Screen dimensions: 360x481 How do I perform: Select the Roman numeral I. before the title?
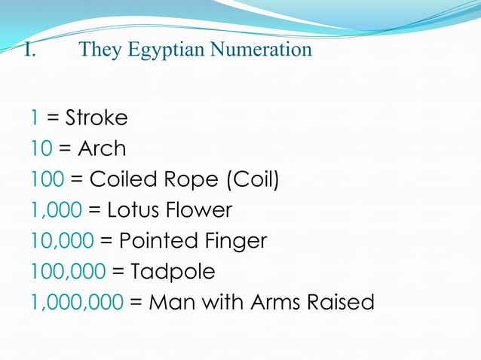[29, 50]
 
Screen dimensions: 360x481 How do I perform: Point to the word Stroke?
[97, 118]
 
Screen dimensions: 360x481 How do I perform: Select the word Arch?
[102, 149]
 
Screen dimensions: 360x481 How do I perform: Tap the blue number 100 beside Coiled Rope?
[47, 180]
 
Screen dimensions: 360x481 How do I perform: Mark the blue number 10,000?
[62, 241]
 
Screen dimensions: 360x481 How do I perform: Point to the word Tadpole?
[173, 272]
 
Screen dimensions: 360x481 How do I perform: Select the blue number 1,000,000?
[77, 303]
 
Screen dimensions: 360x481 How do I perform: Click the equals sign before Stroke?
[53, 118]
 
